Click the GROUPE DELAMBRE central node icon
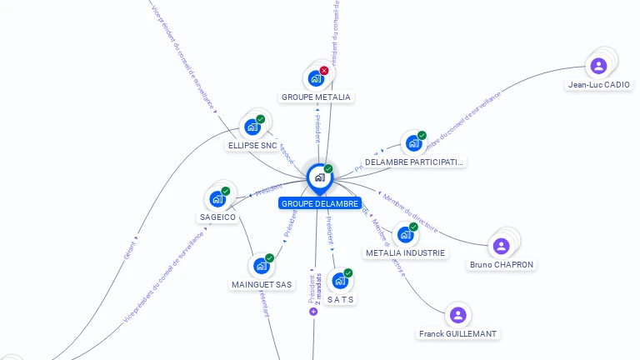click(x=319, y=177)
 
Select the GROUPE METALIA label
click(x=316, y=97)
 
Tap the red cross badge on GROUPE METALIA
click(x=324, y=71)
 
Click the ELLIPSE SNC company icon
click(x=252, y=127)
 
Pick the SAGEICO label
click(x=217, y=217)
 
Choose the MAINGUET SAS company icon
click(x=261, y=266)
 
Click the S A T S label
click(x=340, y=299)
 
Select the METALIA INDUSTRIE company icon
click(x=405, y=235)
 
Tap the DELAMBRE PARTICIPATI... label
click(x=413, y=162)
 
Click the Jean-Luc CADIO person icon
click(x=598, y=65)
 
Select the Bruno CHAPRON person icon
click(x=501, y=246)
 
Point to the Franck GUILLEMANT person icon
click(x=457, y=315)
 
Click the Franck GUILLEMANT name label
click(x=457, y=333)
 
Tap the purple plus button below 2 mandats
click(x=313, y=312)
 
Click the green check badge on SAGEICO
click(x=226, y=191)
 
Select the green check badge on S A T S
click(x=348, y=272)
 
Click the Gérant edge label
click(x=128, y=249)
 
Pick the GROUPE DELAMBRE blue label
click(x=320, y=203)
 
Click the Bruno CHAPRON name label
click(x=501, y=265)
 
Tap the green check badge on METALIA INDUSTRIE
click(x=413, y=227)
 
